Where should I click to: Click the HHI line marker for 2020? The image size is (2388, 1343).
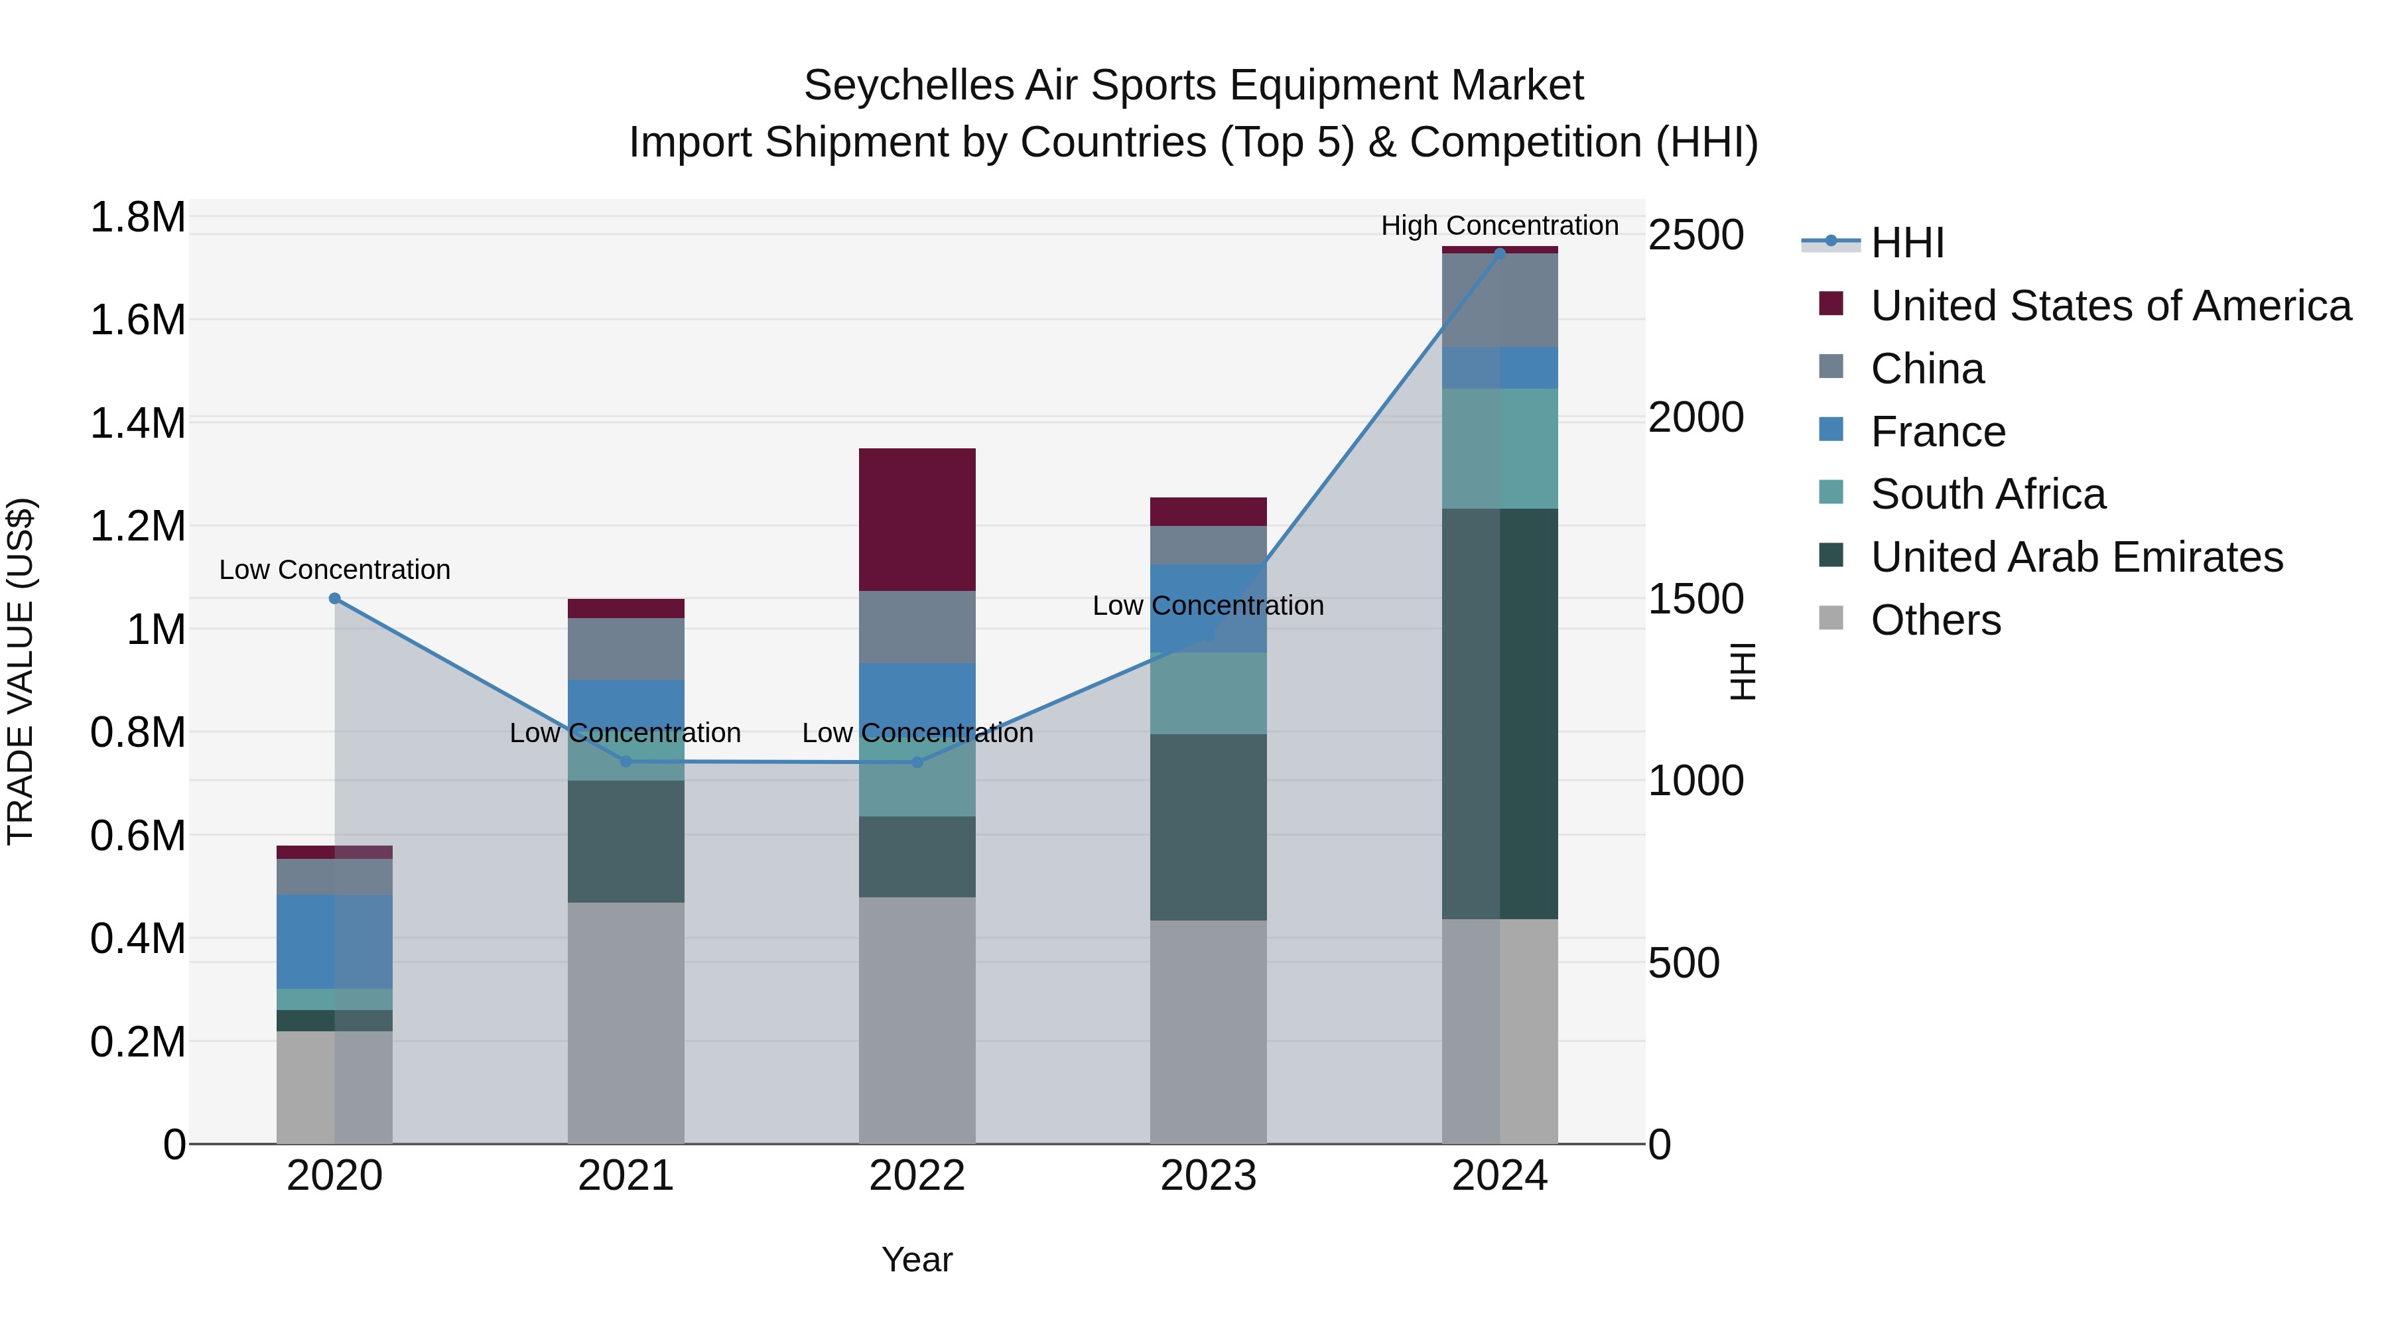click(x=335, y=599)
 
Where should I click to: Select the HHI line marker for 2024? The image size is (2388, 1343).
click(x=1500, y=253)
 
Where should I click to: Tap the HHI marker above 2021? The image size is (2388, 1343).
click(x=626, y=762)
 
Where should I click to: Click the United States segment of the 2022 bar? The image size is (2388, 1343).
click(x=917, y=519)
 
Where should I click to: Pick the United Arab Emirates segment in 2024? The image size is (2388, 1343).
click(x=1500, y=714)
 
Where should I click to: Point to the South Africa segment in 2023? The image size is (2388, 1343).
click(x=1208, y=693)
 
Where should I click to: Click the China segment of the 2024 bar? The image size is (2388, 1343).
click(x=1500, y=299)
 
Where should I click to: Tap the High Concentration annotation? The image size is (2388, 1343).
click(x=1499, y=226)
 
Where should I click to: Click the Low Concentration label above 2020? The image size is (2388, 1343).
click(x=335, y=570)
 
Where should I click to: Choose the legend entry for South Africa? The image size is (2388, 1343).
click(x=1987, y=494)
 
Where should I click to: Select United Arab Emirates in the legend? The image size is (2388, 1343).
click(x=2076, y=557)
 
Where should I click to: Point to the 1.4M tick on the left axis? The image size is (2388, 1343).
click(x=137, y=424)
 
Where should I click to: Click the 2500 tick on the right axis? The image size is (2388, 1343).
click(x=1695, y=235)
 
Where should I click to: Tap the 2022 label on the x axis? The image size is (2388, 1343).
click(x=917, y=1176)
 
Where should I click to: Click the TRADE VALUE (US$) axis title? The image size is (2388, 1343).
click(x=21, y=671)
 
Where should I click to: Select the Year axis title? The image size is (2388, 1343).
click(x=917, y=1259)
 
